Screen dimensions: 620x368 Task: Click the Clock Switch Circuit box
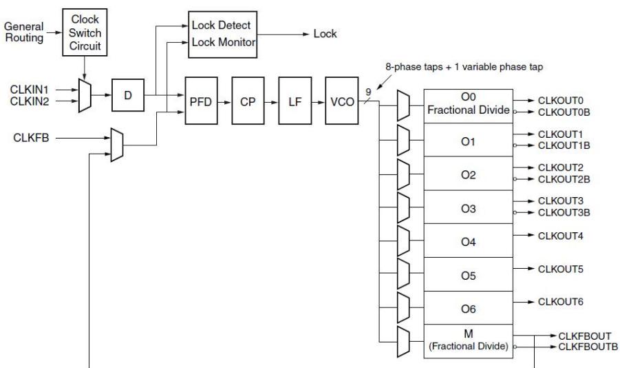85,32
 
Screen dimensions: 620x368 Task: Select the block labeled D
128,95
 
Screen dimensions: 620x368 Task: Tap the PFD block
201,101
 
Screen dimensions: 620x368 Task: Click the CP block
248,101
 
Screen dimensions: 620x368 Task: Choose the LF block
295,101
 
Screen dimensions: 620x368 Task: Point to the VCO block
341,101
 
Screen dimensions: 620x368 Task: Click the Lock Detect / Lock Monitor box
223,34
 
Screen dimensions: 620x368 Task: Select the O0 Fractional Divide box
468,106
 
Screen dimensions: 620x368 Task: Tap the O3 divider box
468,207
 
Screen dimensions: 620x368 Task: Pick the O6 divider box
468,308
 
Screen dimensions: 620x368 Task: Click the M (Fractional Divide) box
468,341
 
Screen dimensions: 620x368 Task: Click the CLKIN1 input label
30,90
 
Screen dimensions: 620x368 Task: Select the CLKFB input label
31,138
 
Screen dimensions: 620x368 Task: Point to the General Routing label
23,32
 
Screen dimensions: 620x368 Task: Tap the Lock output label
325,34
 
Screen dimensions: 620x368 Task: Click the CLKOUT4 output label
560,236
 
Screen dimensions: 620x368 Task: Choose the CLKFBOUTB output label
588,347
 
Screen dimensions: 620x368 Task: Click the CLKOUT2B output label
564,179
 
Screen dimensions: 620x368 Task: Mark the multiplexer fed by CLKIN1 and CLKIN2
85,96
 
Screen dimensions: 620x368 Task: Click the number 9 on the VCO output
368,92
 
